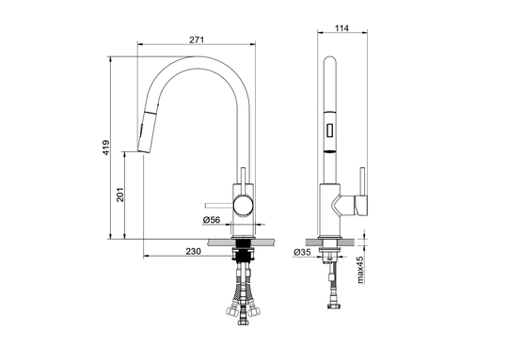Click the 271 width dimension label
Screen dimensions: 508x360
pyautogui.click(x=197, y=39)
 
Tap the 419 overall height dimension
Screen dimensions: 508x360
pyautogui.click(x=106, y=148)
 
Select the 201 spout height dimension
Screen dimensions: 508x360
pyautogui.click(x=120, y=195)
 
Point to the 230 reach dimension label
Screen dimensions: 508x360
pyautogui.click(x=194, y=251)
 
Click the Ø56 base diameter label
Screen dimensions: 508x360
pyautogui.click(x=212, y=220)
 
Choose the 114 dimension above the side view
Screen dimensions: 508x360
pyautogui.click(x=341, y=28)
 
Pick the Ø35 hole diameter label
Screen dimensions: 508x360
pyautogui.click(x=302, y=252)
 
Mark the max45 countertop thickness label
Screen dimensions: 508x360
pyautogui.click(x=360, y=270)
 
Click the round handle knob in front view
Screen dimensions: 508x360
pyautogui.click(x=244, y=205)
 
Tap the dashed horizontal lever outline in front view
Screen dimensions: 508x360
pyautogui.click(x=219, y=205)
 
